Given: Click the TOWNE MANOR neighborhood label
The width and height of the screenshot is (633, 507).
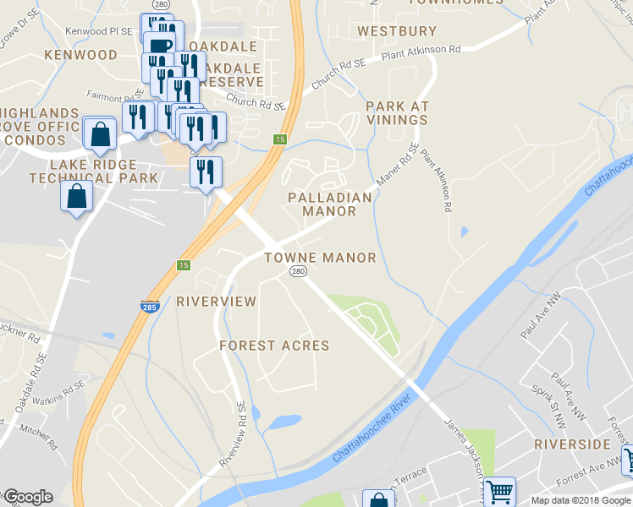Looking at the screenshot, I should (x=320, y=258).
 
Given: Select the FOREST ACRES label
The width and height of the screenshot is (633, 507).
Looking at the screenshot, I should (x=274, y=346).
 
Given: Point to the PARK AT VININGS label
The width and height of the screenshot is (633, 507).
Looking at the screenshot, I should (x=397, y=113).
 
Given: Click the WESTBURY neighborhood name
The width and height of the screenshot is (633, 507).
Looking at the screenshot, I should (x=397, y=31).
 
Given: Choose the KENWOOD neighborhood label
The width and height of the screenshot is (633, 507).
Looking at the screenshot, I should (x=81, y=55).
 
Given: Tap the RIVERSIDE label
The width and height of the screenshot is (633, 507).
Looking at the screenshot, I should (x=572, y=444).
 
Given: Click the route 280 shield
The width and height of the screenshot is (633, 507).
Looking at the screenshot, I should (x=297, y=271).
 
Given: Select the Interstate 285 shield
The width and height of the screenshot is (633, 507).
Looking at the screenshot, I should (x=149, y=308).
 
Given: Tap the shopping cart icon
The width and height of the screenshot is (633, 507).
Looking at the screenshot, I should (x=499, y=490).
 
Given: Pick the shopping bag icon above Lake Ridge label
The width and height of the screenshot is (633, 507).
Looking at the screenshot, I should (x=100, y=133).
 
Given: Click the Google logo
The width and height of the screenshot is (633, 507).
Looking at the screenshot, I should (x=27, y=497).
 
